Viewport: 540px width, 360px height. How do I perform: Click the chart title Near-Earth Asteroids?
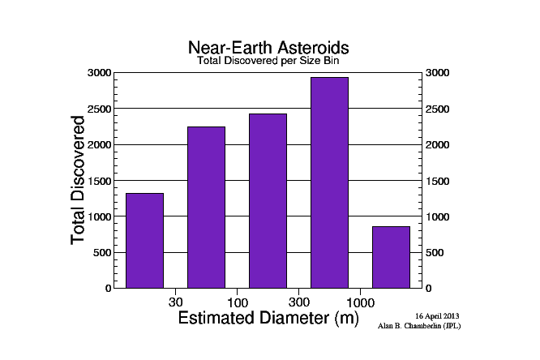coord(268,48)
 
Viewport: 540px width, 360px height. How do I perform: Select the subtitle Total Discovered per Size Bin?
coord(268,61)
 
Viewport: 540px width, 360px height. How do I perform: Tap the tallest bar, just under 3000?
coord(329,182)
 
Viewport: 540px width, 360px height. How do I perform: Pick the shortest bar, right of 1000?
coord(392,257)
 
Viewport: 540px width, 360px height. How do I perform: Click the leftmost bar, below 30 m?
coord(144,241)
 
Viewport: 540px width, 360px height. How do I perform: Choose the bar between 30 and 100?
coord(206,208)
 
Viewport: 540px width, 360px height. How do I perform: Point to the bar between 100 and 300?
coord(268,201)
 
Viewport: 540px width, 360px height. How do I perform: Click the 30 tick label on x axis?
coord(176,302)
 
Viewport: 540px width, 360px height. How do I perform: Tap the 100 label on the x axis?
coord(238,302)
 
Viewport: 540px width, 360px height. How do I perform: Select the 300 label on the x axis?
coord(299,302)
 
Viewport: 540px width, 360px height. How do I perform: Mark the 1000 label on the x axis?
coord(360,302)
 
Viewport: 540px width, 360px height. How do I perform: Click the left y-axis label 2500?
coord(99,109)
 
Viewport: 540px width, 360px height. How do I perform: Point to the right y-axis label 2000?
coord(437,144)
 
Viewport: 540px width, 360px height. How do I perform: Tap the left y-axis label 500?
coord(102,252)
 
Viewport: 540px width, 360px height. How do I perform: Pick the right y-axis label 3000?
coord(437,73)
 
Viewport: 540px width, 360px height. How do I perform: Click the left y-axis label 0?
coord(108,288)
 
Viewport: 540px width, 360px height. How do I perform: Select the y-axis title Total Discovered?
coord(78,180)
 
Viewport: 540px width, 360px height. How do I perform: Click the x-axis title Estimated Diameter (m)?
coord(268,318)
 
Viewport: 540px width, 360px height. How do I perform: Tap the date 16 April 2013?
coord(437,316)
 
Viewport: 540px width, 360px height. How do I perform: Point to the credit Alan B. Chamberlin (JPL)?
coord(419,326)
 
